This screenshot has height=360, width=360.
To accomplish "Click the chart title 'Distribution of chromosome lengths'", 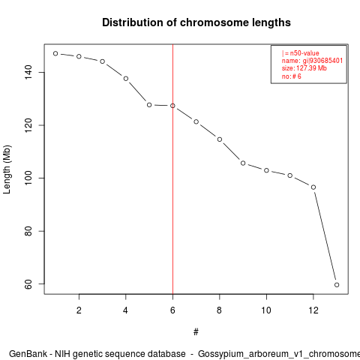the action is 196,22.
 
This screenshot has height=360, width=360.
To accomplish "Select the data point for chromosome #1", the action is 55,53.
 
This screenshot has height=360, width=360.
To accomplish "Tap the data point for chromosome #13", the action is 337,285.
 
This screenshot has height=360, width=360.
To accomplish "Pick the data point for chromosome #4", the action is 126,79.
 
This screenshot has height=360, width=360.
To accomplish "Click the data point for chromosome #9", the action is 243,163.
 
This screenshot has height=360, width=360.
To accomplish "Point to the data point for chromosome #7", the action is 196,121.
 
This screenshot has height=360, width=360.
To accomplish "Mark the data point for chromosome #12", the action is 313,187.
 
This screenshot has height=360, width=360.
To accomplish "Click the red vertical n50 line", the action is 172,169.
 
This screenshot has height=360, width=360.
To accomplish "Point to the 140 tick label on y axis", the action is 28,72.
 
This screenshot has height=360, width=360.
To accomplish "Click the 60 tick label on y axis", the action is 28,284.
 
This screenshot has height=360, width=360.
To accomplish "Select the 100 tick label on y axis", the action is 28,178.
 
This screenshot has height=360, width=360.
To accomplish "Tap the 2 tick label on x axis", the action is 79,310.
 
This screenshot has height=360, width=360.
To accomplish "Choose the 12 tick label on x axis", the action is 313,310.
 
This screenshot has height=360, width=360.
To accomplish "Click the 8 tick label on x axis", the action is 220,310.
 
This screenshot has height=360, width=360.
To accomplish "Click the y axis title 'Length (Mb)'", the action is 7,169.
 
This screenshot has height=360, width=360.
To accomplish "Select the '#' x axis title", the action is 196,332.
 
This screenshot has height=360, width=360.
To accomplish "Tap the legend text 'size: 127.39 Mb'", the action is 304,68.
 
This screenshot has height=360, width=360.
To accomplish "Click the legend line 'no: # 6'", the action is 292,76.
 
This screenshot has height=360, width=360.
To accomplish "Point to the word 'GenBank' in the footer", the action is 28,354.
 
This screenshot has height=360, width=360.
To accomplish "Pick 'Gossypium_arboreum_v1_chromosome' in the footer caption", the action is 279,355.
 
